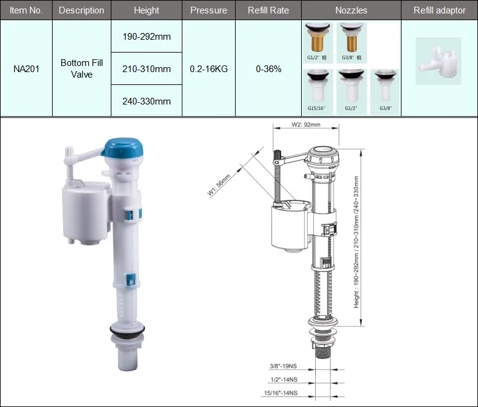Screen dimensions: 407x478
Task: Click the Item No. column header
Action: [x=26, y=10]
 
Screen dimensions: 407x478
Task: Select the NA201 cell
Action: [x=26, y=68]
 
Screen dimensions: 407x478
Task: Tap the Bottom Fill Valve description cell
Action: [x=81, y=68]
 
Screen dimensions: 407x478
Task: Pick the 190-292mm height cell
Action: [x=146, y=37]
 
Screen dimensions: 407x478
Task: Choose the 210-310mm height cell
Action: [x=146, y=69]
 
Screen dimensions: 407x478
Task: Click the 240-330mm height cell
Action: [x=146, y=101]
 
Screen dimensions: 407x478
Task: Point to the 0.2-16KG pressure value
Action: [x=209, y=69]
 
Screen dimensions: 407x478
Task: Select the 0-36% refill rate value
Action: [x=269, y=69]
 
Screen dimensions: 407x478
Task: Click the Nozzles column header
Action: [x=351, y=10]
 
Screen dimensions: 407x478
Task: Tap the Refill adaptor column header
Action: [x=439, y=10]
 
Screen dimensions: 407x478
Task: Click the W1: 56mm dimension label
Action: [x=218, y=186]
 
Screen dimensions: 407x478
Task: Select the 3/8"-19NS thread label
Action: [x=283, y=367]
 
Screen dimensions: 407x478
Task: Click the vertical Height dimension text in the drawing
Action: [x=356, y=241]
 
